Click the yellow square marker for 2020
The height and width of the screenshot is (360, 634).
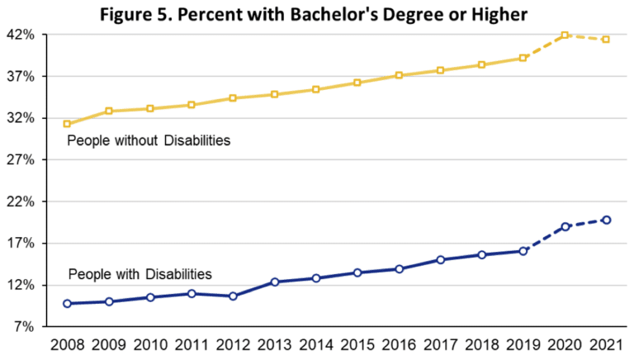coord(565,36)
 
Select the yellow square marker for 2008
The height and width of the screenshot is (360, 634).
coord(67,124)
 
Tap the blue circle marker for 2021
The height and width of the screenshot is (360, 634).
coord(607,220)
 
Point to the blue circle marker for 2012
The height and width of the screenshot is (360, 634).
coord(234,296)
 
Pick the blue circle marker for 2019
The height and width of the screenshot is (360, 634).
coord(523,251)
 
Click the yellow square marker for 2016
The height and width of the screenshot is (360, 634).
coord(400,75)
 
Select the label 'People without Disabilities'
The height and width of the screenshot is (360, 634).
coord(149,141)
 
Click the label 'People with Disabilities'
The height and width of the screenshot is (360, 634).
coord(140,273)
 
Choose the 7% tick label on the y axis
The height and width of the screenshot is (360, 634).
coord(26,327)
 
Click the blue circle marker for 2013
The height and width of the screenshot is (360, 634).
coord(275,282)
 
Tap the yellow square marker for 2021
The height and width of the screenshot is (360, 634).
coord(607,40)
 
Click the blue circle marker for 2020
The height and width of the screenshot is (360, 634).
coord(565,226)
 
